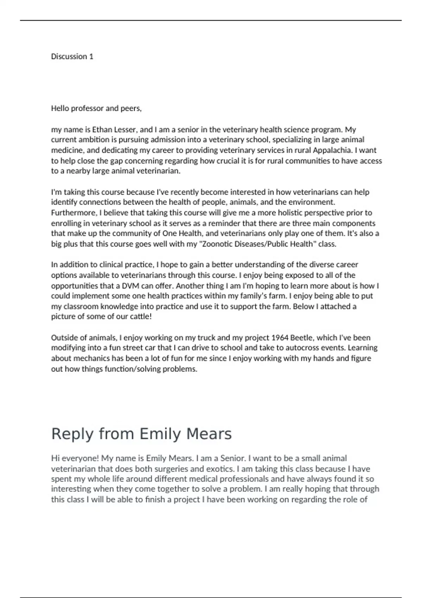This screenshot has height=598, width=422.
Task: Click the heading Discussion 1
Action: (72, 57)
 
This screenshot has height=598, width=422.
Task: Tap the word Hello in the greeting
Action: (60, 108)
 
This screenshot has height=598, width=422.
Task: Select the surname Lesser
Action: (125, 129)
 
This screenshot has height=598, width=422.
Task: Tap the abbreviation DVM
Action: (130, 286)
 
